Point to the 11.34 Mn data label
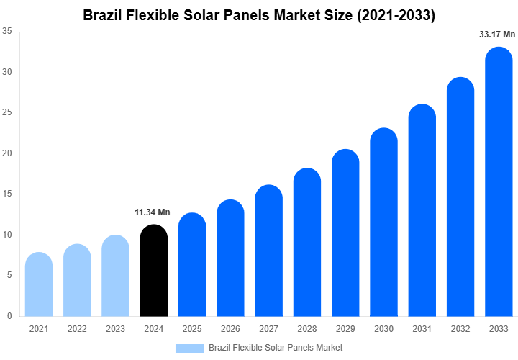coord(153,212)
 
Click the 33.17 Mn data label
coord(497,34)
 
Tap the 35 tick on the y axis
coord(6,31)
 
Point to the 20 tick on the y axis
coord(6,153)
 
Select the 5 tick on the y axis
coord(9,275)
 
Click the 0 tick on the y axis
coord(9,316)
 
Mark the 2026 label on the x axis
coord(230,329)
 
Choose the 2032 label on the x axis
coord(460,329)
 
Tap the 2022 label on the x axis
coord(77,329)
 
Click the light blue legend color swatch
coord(190,348)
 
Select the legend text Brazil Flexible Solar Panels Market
coord(276,348)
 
